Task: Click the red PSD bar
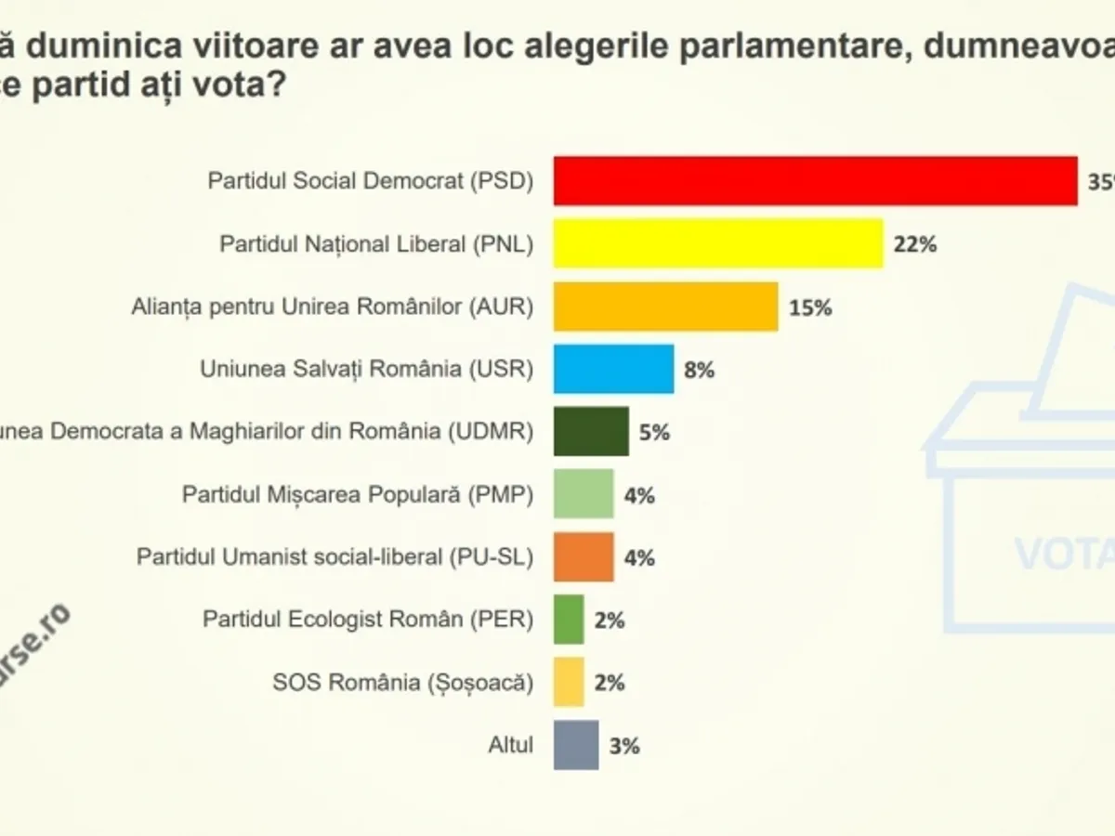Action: tap(815, 180)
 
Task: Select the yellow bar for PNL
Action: tap(718, 243)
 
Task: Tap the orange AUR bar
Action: tap(665, 307)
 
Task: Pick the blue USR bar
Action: tap(613, 369)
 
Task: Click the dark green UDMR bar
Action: tap(591, 432)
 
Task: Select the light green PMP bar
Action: tap(584, 494)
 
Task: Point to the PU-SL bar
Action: tap(584, 557)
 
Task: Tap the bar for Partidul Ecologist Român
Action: tap(569, 620)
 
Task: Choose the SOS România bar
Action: tap(569, 683)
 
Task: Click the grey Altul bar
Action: tap(576, 745)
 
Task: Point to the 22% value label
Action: tap(915, 244)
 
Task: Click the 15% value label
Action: tap(810, 307)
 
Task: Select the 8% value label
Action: tap(699, 370)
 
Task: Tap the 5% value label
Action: tap(654, 433)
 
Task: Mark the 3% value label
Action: tap(624, 746)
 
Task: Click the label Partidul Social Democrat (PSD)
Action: tap(371, 180)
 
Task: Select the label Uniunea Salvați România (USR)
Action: tap(367, 369)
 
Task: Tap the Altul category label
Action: tap(511, 745)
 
